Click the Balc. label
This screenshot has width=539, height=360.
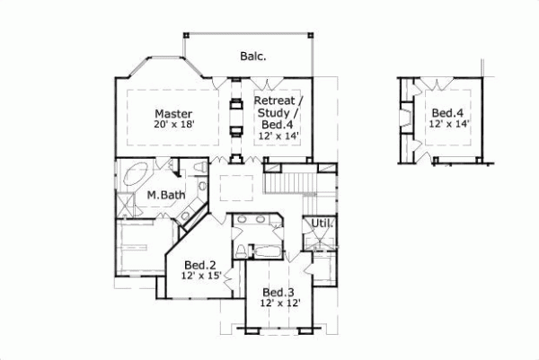click(x=252, y=56)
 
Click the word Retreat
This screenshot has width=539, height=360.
click(x=278, y=100)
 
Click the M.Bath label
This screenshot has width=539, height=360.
click(x=165, y=194)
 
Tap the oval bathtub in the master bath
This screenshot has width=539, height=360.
click(x=138, y=172)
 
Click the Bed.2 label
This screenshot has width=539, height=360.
click(x=199, y=266)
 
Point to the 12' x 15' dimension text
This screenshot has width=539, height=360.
click(x=199, y=277)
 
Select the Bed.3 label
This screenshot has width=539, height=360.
click(x=278, y=292)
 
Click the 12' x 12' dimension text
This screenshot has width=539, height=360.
click(x=278, y=303)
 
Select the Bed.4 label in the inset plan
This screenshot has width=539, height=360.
click(x=446, y=112)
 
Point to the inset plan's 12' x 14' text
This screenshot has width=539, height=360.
click(x=446, y=124)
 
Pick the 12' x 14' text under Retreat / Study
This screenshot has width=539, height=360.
click(x=278, y=136)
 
